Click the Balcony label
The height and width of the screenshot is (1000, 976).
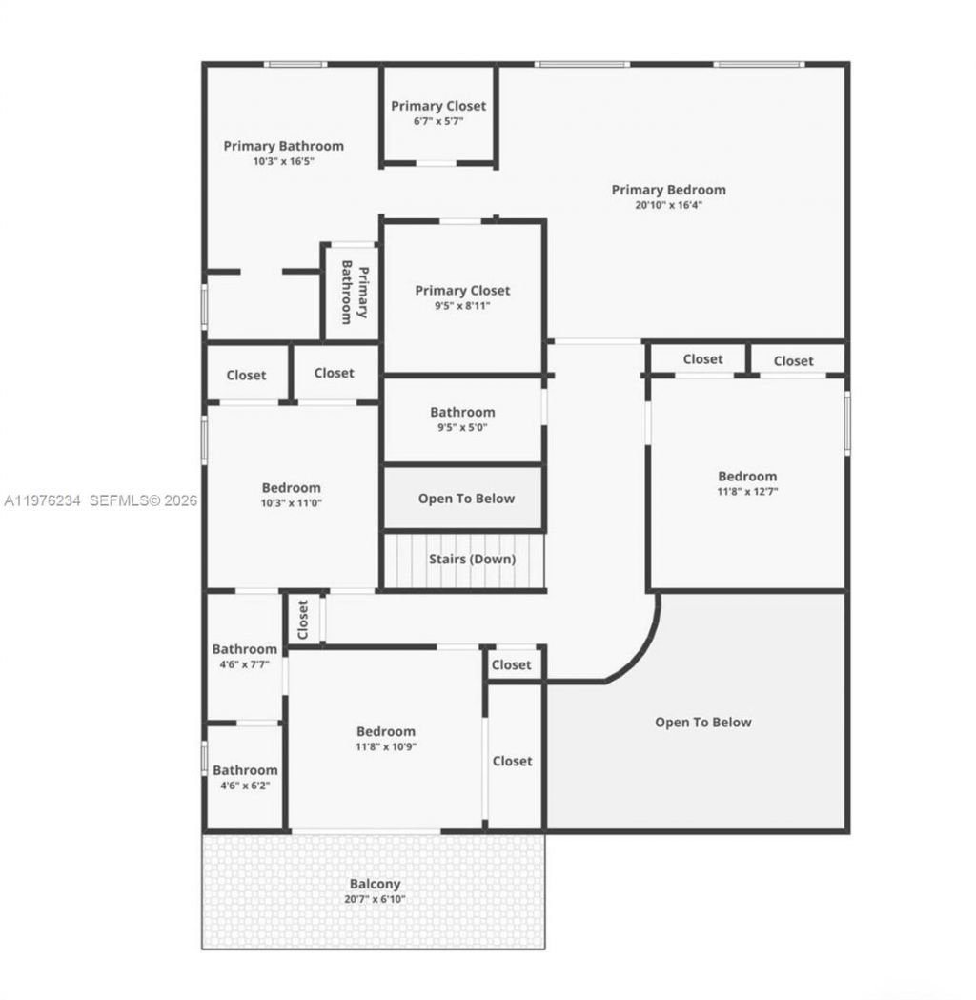point(375,884)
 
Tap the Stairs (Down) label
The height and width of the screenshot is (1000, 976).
point(471,559)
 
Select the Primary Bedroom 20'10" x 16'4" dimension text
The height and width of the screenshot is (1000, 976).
point(668,204)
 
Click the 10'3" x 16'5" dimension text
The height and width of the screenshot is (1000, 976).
point(283,161)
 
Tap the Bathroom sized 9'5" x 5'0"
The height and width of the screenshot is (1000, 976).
point(462,419)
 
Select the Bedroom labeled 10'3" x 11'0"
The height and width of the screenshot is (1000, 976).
point(291,495)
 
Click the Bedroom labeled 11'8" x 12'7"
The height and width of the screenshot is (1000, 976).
point(746,482)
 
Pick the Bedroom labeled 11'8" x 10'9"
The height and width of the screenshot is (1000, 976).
point(386,739)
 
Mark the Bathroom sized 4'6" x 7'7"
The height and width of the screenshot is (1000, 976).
point(244,657)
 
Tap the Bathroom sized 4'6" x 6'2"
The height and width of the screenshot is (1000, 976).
point(245,777)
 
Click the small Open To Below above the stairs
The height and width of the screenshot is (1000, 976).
point(466,499)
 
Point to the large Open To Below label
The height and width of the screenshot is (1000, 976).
point(702,722)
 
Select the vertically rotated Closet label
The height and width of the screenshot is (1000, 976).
point(303,619)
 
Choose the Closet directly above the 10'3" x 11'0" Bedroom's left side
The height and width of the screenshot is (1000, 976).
point(246,375)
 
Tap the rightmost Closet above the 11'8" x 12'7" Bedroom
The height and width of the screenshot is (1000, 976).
point(793,360)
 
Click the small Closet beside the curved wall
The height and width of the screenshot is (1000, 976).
point(512,664)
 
